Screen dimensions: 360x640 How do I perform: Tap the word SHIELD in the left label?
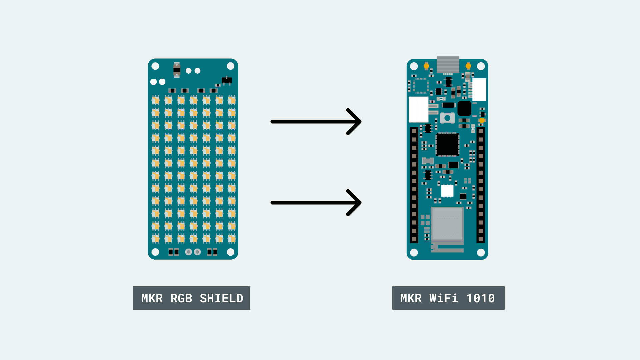click(x=221, y=298)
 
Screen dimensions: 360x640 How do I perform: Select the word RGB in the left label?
click(x=181, y=298)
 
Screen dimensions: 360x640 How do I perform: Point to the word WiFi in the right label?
click(x=443, y=298)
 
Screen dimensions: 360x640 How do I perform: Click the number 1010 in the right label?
click(x=480, y=298)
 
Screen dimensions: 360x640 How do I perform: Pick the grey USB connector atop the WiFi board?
click(x=448, y=64)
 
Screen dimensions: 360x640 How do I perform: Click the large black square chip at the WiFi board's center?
click(x=447, y=144)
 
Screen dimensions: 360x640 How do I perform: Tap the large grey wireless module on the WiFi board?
click(x=447, y=223)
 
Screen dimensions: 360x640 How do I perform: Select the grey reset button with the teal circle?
click(x=447, y=118)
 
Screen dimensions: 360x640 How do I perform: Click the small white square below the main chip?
click(x=447, y=191)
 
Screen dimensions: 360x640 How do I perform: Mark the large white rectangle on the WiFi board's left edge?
click(x=418, y=109)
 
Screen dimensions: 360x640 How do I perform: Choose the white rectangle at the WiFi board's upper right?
click(x=479, y=90)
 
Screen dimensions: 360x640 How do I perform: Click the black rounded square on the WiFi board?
click(x=464, y=108)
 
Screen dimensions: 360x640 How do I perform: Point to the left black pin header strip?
click(x=414, y=185)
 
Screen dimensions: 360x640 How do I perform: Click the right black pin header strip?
click(x=481, y=185)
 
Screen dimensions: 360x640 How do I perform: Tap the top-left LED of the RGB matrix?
click(x=156, y=100)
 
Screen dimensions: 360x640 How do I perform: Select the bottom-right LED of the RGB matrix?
click(x=232, y=238)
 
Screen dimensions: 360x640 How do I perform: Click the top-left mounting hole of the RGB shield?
click(x=155, y=66)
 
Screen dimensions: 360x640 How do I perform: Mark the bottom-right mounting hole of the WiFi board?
click(x=481, y=253)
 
